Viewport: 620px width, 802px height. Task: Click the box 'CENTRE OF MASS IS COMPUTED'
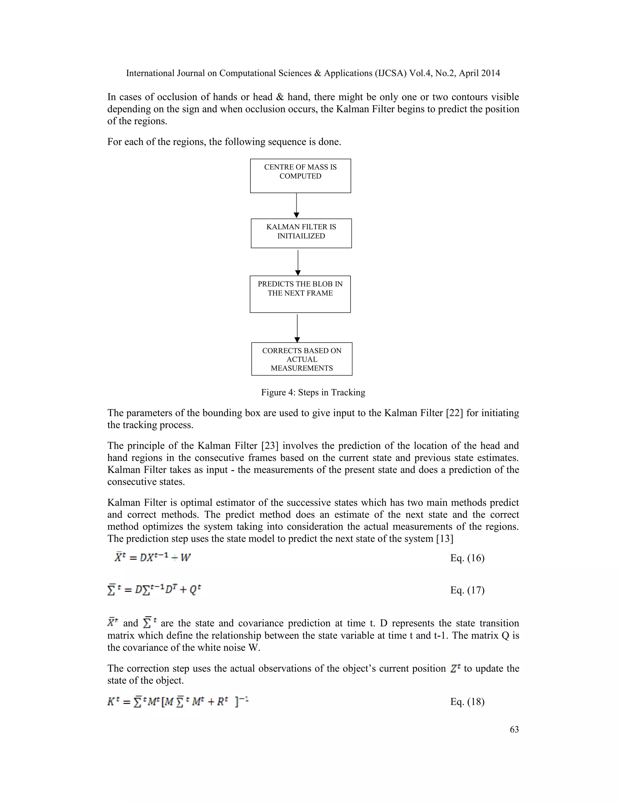[300, 176]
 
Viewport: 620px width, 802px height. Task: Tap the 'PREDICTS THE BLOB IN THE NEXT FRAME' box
[300, 294]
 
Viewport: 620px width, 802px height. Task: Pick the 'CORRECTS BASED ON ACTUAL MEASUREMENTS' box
[302, 359]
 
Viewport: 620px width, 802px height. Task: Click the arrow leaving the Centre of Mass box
[296, 205]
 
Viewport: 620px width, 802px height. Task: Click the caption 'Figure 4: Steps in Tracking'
[313, 392]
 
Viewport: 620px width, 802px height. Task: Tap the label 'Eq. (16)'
[467, 558]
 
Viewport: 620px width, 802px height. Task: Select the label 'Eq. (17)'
[467, 590]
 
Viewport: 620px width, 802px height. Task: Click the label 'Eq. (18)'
[467, 702]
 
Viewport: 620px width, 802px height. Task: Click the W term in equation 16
[186, 558]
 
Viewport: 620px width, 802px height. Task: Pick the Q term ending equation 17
[194, 590]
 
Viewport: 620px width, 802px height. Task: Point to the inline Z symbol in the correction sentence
[455, 669]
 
